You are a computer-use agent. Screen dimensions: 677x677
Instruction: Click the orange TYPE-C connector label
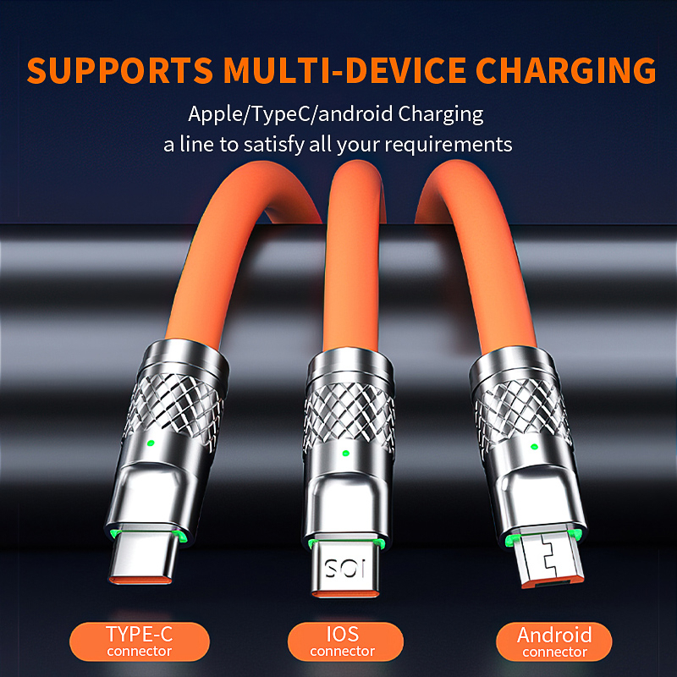click(139, 641)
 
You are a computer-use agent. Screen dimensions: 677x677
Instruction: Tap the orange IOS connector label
click(342, 641)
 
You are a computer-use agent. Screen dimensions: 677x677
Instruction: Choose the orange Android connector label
click(554, 641)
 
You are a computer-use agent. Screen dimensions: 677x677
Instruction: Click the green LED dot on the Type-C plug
click(150, 443)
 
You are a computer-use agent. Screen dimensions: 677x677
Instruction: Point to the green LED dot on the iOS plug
click(344, 453)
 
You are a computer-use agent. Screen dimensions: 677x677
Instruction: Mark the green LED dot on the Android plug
click(534, 446)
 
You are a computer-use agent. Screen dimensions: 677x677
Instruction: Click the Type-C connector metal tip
click(143, 563)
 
